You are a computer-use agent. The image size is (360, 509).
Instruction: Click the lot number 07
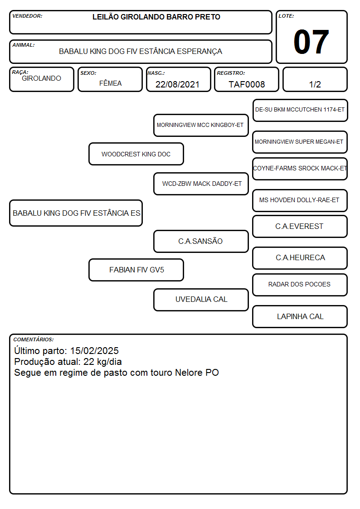pyautogui.click(x=311, y=42)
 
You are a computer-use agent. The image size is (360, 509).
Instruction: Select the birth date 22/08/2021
pyautogui.click(x=177, y=84)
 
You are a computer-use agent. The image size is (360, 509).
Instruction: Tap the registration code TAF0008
pyautogui.click(x=247, y=84)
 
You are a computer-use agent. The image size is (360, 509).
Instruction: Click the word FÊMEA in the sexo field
pyautogui.click(x=110, y=83)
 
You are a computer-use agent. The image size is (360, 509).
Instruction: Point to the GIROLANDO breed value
pyautogui.click(x=41, y=78)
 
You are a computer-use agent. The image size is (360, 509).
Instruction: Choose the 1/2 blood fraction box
pyautogui.click(x=315, y=80)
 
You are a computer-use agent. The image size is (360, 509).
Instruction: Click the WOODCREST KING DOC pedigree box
pyautogui.click(x=136, y=154)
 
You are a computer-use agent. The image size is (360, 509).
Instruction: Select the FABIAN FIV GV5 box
pyautogui.click(x=136, y=270)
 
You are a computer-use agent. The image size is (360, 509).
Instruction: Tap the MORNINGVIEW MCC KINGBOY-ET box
pyautogui.click(x=201, y=125)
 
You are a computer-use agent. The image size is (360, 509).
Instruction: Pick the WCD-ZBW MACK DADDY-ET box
pyautogui.click(x=201, y=184)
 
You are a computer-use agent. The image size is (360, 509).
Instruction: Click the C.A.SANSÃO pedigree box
pyautogui.click(x=201, y=241)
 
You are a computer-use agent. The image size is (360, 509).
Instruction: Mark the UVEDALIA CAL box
pyautogui.click(x=201, y=300)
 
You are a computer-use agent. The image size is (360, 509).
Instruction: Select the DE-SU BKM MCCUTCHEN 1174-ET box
pyautogui.click(x=300, y=111)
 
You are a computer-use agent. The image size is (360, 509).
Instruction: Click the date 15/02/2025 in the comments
pyautogui.click(x=94, y=350)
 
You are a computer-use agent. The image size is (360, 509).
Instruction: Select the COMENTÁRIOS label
pyautogui.click(x=34, y=339)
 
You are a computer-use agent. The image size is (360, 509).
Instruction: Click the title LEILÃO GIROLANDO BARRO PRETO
pyautogui.click(x=156, y=17)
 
